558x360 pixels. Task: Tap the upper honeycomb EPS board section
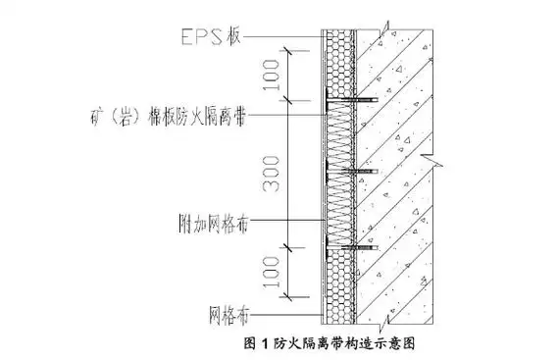point(340,64)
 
